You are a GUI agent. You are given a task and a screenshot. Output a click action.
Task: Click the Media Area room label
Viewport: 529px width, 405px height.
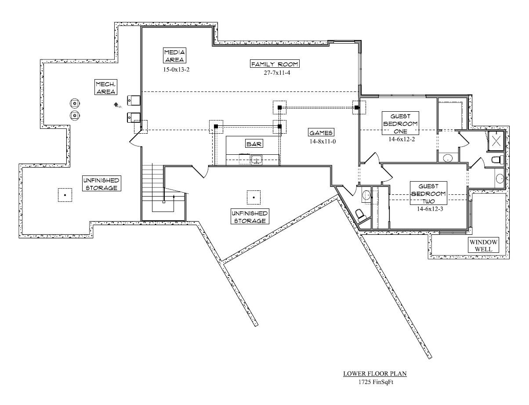click(x=174, y=56)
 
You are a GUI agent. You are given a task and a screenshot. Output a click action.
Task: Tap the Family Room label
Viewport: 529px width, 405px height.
click(x=275, y=64)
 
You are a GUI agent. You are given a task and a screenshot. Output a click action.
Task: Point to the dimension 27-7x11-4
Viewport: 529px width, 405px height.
click(x=275, y=73)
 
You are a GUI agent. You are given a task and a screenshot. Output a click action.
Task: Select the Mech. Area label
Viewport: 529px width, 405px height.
click(x=106, y=88)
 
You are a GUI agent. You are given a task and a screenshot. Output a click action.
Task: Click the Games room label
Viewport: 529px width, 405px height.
click(x=321, y=132)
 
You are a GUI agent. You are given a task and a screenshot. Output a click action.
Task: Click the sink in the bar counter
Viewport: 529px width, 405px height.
click(x=256, y=160)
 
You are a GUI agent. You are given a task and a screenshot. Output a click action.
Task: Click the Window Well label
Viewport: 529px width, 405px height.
click(x=483, y=245)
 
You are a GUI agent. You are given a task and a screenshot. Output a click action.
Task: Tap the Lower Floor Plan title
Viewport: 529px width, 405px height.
click(x=375, y=374)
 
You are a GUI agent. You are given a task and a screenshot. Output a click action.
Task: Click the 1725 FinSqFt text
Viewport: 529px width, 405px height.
click(x=375, y=382)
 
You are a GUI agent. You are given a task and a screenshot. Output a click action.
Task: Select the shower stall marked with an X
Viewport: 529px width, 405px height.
click(x=497, y=141)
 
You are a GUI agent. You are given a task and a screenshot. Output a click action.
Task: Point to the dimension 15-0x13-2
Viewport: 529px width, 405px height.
click(x=174, y=69)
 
